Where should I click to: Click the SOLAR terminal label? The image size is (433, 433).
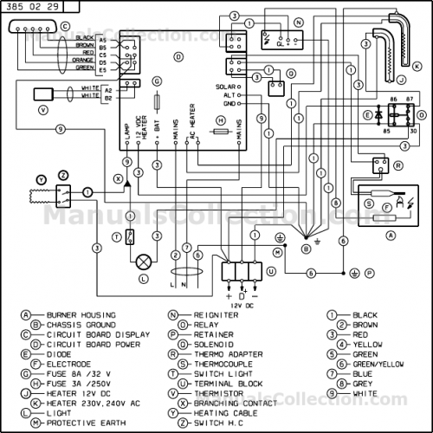point(225,87)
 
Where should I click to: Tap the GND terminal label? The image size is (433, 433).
point(229,103)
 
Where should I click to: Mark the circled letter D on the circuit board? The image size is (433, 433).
point(178,56)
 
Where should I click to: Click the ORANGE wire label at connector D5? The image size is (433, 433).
point(84,60)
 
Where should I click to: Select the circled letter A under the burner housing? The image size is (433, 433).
point(390,235)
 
